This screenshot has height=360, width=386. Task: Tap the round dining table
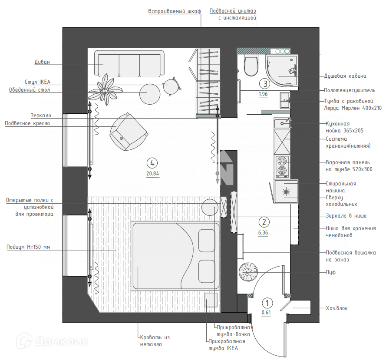click(x=150, y=92)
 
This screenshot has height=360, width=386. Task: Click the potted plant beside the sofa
click(x=106, y=89)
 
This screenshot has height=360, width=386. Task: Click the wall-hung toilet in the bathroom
click(x=251, y=66)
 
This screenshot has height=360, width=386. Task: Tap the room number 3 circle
click(x=264, y=84)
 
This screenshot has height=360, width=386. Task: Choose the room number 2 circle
click(x=264, y=222)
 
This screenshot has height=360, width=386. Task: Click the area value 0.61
click(x=267, y=312)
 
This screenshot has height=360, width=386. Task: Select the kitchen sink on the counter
click(x=283, y=123)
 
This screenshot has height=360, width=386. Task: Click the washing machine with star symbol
click(x=286, y=191)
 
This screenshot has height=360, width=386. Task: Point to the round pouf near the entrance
click(x=249, y=272)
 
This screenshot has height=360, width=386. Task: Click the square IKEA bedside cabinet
click(x=211, y=300)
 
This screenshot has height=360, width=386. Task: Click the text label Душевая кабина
click(x=345, y=76)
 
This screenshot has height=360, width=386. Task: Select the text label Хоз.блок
click(x=337, y=308)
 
